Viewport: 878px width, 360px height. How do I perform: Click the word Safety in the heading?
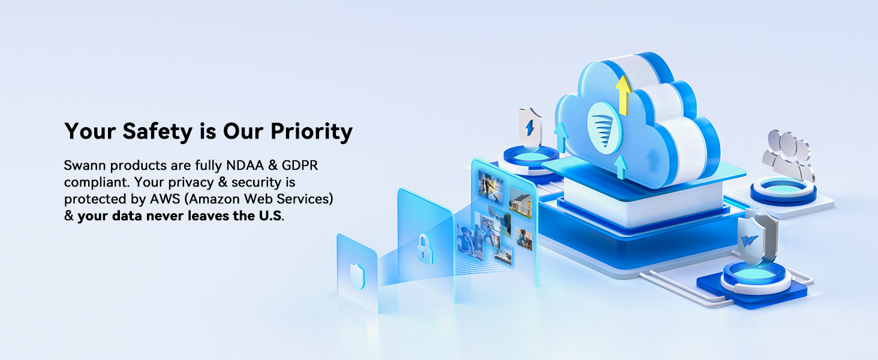pos(157,131)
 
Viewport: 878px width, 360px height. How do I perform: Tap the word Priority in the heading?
pos(312,131)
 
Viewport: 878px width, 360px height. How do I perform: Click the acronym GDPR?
pos(300,166)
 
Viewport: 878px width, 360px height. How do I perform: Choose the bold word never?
pos(164,216)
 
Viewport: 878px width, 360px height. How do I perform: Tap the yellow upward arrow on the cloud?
pos(624,95)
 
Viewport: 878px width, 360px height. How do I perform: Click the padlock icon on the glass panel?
pos(425,248)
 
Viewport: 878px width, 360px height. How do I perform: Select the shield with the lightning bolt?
pos(530,127)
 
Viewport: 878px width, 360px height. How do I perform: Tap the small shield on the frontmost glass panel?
pos(357,276)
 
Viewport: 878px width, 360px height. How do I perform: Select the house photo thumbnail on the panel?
pos(520,203)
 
